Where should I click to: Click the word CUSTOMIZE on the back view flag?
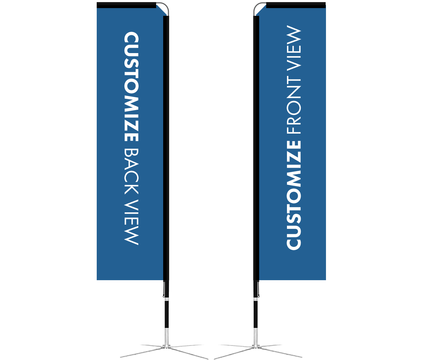[x=131, y=86]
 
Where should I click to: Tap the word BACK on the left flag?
[x=131, y=172]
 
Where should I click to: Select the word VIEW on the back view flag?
[x=131, y=222]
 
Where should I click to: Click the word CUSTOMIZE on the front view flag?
[x=294, y=195]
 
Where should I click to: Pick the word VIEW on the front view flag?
[x=294, y=48]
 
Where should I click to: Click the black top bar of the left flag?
[x=126, y=5]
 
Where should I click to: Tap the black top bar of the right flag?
[x=296, y=5]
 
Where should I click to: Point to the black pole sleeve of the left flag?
[x=166, y=148]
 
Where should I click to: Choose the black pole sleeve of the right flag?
[x=256, y=148]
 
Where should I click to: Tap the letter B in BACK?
[x=131, y=154]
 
